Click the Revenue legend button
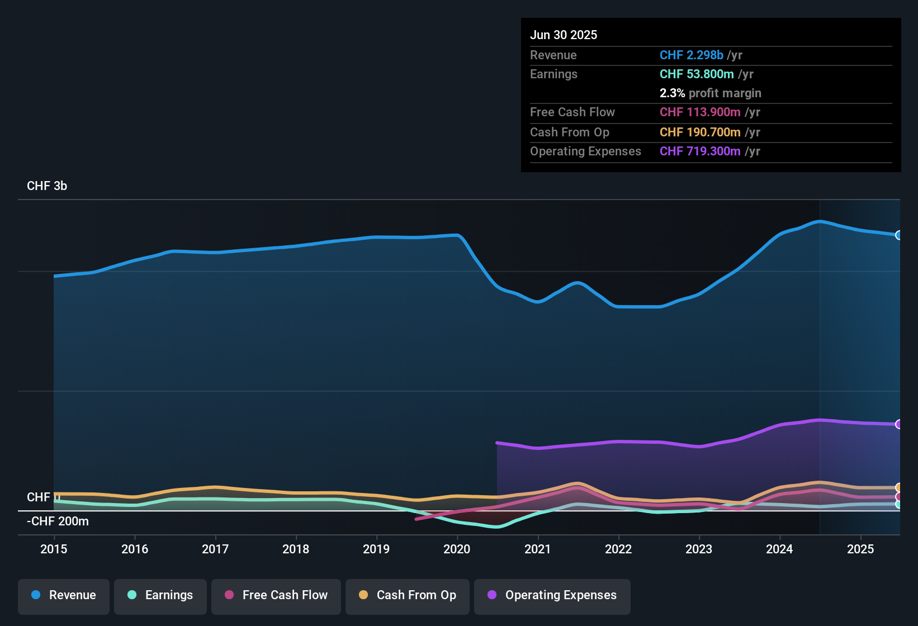point(64,595)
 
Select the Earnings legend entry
point(160,595)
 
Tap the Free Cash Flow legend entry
point(276,595)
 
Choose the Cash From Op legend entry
point(408,595)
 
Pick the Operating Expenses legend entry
point(552,595)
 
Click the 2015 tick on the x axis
point(54,549)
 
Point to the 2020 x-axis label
point(457,549)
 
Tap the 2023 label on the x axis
point(699,549)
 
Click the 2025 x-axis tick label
point(860,549)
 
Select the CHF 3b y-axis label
point(47,186)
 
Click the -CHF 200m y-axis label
point(58,521)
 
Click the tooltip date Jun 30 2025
point(564,35)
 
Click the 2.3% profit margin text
point(710,93)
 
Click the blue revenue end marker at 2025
point(898,235)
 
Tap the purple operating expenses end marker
point(898,424)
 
